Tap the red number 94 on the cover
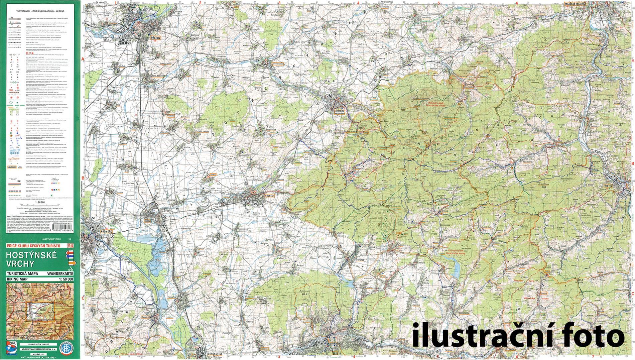click(70, 246)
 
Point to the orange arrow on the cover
click(71, 263)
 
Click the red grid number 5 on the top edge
click(438, 3)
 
